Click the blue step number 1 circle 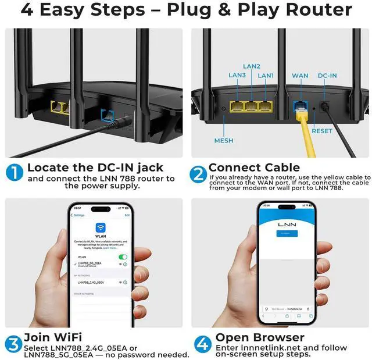pyautogui.click(x=15, y=173)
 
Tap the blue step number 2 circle pyautogui.click(x=199, y=173)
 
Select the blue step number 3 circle pyautogui.click(x=14, y=344)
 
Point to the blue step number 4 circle pyautogui.click(x=202, y=344)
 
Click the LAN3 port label pyautogui.click(x=238, y=76)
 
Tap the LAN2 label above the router pyautogui.click(x=251, y=66)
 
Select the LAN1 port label pyautogui.click(x=266, y=76)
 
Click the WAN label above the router pyautogui.click(x=300, y=76)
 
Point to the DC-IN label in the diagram pyautogui.click(x=327, y=76)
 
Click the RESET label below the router pyautogui.click(x=322, y=131)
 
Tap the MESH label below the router pyautogui.click(x=224, y=140)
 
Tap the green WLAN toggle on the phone pyautogui.click(x=123, y=256)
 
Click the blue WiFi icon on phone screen pyautogui.click(x=101, y=228)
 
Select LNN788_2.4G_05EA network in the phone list pyautogui.click(x=91, y=282)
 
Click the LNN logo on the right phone pyautogui.click(x=287, y=223)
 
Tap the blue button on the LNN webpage pyautogui.click(x=287, y=233)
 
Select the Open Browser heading pyautogui.click(x=260, y=337)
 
